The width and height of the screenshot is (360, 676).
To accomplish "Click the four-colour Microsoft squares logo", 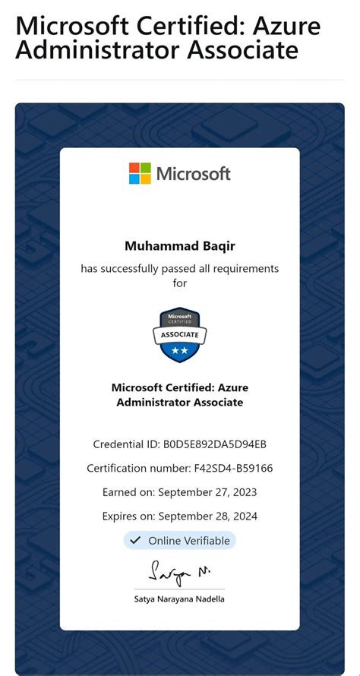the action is click(140, 173).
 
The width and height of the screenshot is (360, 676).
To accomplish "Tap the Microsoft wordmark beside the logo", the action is click(193, 174).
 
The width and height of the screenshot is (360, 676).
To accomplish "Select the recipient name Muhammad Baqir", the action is click(180, 246).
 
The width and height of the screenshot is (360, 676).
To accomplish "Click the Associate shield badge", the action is click(180, 335).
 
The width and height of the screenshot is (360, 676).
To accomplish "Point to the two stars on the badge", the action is click(180, 351).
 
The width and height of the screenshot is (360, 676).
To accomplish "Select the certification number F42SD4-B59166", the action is click(234, 468).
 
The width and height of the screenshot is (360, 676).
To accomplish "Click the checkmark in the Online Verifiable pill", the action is click(135, 541).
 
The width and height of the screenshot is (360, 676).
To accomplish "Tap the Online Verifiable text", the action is click(188, 541).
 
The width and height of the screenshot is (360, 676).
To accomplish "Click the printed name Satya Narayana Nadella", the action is click(180, 599).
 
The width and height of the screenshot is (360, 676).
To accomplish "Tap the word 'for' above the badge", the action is click(180, 283).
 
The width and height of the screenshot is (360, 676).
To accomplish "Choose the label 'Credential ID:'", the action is click(126, 444).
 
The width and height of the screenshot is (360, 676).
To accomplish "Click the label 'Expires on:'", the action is click(130, 516).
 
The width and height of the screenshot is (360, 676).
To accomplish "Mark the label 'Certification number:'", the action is click(141, 468).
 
